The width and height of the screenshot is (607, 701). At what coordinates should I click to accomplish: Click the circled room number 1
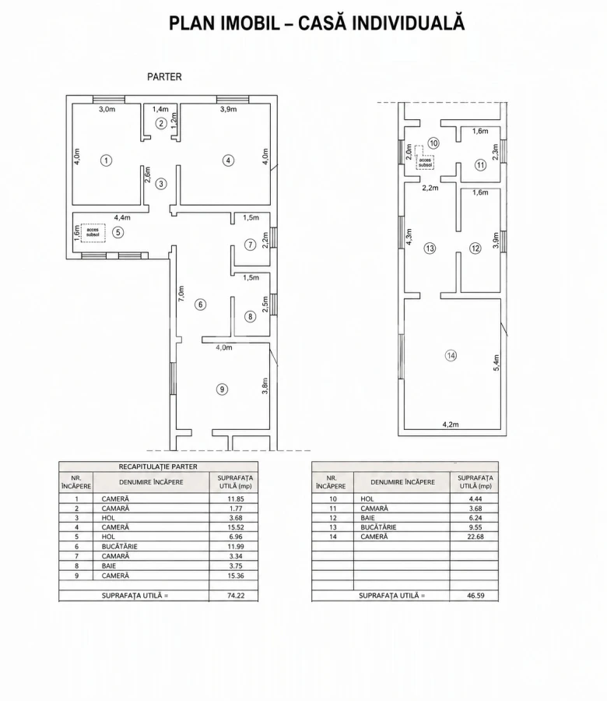(106, 160)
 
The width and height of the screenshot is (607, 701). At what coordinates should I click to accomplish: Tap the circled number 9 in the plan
(222, 389)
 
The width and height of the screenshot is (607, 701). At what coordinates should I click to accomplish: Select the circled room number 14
(451, 355)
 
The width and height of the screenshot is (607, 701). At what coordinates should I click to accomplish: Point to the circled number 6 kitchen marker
(201, 305)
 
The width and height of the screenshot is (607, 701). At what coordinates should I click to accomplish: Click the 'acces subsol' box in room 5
(93, 232)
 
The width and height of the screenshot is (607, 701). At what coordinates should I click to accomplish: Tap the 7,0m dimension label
(181, 294)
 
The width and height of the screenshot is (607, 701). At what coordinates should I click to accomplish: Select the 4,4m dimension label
(122, 218)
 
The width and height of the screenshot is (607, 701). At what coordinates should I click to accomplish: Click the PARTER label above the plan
(164, 77)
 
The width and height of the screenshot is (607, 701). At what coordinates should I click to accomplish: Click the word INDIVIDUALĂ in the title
(409, 23)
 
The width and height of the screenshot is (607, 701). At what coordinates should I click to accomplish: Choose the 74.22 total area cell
(235, 596)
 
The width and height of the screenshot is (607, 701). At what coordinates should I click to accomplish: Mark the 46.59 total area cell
(475, 596)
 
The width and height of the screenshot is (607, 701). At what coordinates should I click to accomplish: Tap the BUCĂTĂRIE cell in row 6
(119, 546)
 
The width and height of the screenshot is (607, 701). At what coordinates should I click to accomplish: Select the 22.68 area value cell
(475, 537)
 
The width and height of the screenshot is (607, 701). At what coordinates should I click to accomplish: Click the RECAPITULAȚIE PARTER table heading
(158, 467)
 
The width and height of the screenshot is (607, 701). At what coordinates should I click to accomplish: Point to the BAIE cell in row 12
(367, 518)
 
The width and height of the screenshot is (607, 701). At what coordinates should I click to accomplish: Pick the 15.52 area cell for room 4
(235, 527)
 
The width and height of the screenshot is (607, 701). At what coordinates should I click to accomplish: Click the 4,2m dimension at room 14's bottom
(451, 424)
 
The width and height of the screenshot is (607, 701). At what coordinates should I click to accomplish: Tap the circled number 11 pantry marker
(480, 165)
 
